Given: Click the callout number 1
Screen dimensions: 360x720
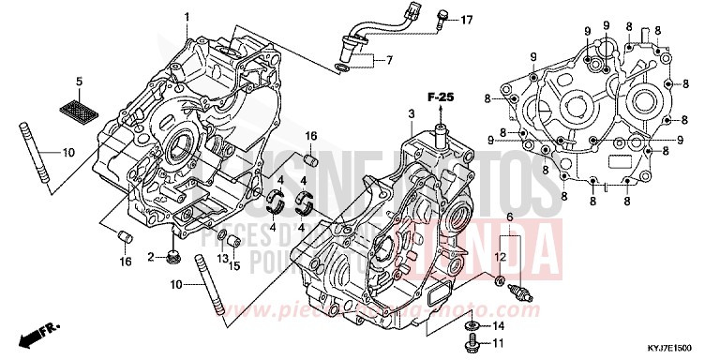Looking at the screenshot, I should pyautogui.click(x=187, y=17).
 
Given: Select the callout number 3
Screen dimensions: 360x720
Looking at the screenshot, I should pyautogui.click(x=410, y=113).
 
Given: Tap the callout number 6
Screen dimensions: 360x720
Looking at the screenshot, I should pyautogui.click(x=509, y=217).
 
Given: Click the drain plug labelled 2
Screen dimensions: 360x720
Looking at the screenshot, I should pyautogui.click(x=172, y=257).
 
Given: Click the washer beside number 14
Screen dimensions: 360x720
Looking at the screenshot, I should pyautogui.click(x=474, y=326).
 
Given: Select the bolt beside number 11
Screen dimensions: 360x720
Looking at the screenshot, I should pyautogui.click(x=472, y=343).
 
